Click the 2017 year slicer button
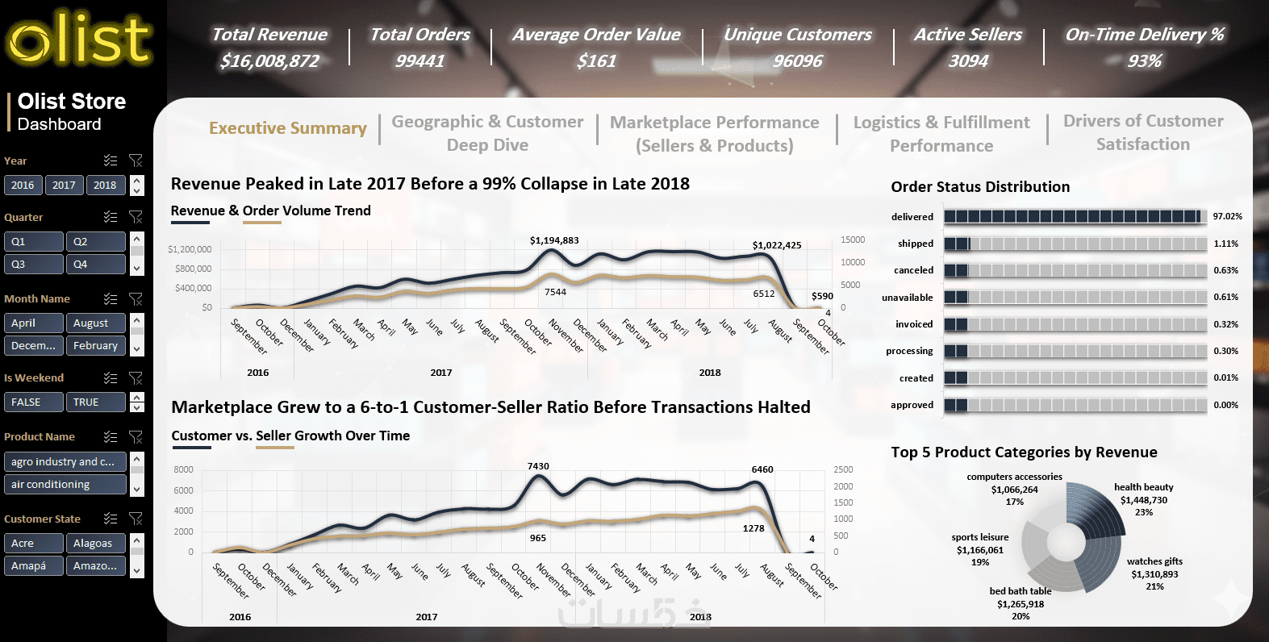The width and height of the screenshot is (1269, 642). (x=64, y=185)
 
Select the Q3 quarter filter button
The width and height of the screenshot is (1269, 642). (x=33, y=264)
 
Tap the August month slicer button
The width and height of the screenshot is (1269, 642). (x=95, y=323)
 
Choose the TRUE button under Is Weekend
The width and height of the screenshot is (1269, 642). (x=95, y=402)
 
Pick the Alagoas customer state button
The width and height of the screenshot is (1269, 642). (x=95, y=543)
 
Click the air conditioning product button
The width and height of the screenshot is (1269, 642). (x=65, y=484)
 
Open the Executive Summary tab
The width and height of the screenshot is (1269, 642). (x=287, y=128)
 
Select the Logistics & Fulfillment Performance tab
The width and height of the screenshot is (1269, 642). (x=941, y=134)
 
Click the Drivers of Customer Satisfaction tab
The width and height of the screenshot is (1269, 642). (x=1143, y=132)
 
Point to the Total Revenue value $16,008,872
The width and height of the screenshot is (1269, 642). (x=269, y=61)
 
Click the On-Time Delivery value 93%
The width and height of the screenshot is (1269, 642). (x=1144, y=61)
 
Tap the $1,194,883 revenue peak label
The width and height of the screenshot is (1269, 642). (x=554, y=240)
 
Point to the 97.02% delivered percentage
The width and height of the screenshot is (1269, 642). (x=1227, y=216)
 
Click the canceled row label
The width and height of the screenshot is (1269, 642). (x=913, y=270)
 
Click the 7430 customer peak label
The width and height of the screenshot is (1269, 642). (x=538, y=466)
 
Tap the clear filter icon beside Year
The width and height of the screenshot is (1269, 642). (x=136, y=160)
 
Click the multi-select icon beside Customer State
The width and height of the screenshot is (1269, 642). (x=111, y=519)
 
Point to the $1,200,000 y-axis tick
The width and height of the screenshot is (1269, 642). (x=190, y=249)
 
